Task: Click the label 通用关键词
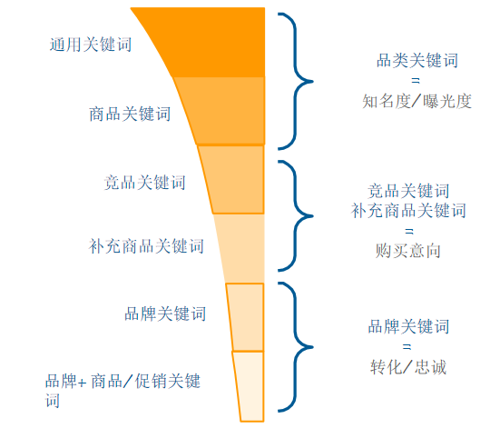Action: [91, 45]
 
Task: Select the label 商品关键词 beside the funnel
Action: [130, 114]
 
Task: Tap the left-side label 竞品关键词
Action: [144, 183]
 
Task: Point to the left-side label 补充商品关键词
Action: [146, 246]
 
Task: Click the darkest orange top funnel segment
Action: [212, 42]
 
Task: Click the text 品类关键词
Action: [417, 61]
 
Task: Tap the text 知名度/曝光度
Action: [416, 102]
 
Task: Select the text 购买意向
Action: [408, 251]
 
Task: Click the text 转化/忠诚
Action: [408, 367]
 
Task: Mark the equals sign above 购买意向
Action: [409, 232]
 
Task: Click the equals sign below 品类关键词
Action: [416, 81]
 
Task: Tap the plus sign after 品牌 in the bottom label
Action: [83, 383]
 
